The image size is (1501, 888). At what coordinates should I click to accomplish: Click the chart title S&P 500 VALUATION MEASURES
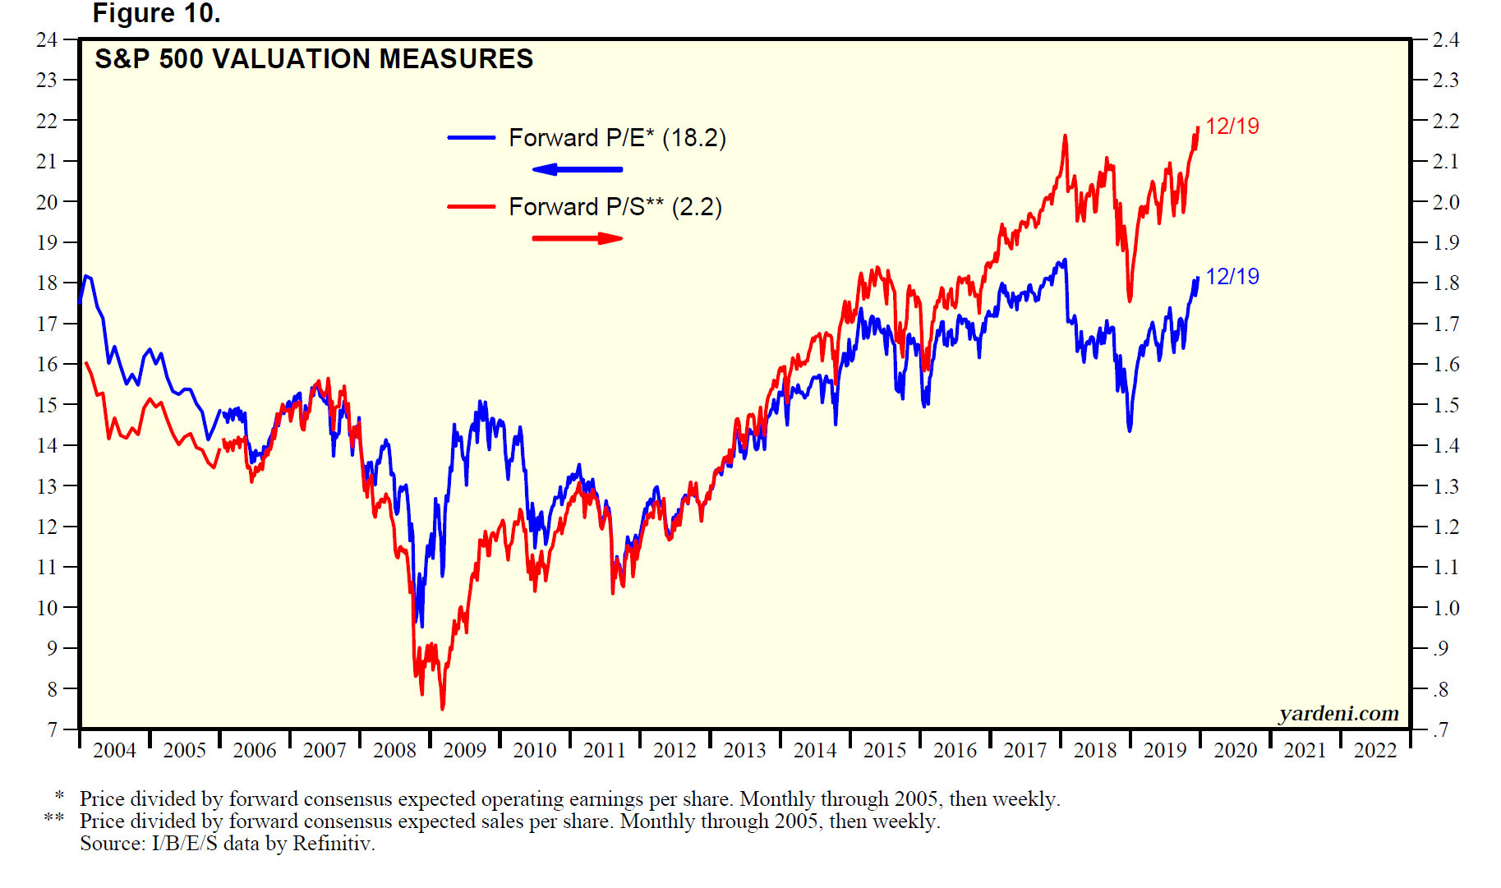pos(314,59)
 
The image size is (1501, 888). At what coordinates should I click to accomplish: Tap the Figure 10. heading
pos(156,13)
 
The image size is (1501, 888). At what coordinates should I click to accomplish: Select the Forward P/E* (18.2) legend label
pos(617,137)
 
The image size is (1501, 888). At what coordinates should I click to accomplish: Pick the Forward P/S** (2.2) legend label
pos(615,206)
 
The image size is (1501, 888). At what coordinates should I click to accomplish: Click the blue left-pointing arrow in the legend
pos(578,169)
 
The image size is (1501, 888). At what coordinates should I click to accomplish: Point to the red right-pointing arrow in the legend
pos(578,238)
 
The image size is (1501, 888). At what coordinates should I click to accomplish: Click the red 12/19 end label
pos(1232,126)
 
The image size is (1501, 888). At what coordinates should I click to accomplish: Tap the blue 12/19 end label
pos(1232,276)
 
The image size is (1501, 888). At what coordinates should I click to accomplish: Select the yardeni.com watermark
pos(1338,713)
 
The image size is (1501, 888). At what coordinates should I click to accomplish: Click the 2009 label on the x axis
pos(465,750)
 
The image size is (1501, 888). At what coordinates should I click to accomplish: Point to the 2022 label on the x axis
pos(1375,750)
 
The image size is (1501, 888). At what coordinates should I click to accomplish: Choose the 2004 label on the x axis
pos(114,750)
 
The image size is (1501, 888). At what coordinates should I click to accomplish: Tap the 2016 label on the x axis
pos(955,750)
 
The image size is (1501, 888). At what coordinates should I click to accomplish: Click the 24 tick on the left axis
pos(47,39)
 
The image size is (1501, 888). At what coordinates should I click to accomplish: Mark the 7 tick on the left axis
pos(52,729)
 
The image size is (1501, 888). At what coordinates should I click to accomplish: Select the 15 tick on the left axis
pos(47,405)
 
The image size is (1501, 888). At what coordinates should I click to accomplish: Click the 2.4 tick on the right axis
pos(1446,39)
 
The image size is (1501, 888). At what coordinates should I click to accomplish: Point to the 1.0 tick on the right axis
pos(1446,608)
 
